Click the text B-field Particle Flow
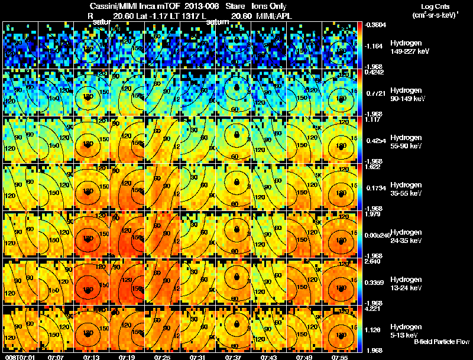[442, 342]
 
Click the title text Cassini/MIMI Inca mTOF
[121, 5]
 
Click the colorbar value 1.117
[373, 119]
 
